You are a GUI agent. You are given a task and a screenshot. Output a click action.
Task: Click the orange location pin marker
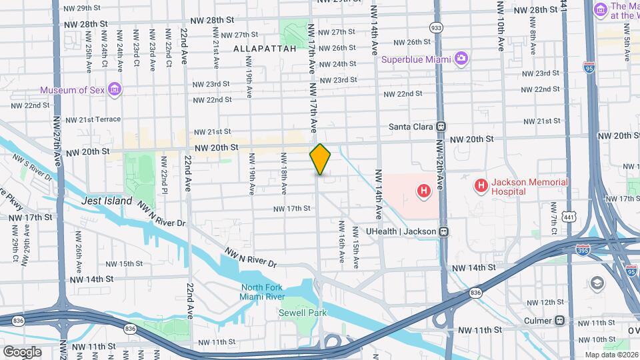320,159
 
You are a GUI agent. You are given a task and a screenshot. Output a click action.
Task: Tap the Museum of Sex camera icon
115,89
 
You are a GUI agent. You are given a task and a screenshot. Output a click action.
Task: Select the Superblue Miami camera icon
461,59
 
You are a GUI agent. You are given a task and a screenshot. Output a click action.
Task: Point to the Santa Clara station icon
440,126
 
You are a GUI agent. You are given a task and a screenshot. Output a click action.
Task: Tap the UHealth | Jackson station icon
443,231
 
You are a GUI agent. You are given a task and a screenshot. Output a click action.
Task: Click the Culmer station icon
560,320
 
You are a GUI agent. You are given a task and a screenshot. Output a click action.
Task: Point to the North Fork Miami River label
263,292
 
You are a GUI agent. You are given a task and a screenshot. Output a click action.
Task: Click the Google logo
21,351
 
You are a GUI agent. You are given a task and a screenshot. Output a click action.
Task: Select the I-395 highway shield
582,249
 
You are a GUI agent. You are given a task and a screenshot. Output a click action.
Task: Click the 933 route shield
437,27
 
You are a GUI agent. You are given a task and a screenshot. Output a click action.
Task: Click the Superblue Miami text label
416,59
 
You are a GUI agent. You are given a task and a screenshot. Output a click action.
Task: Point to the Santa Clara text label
411,127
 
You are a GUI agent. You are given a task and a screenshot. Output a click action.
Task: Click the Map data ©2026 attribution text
611,355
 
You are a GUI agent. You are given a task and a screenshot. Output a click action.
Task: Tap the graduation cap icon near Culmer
597,283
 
